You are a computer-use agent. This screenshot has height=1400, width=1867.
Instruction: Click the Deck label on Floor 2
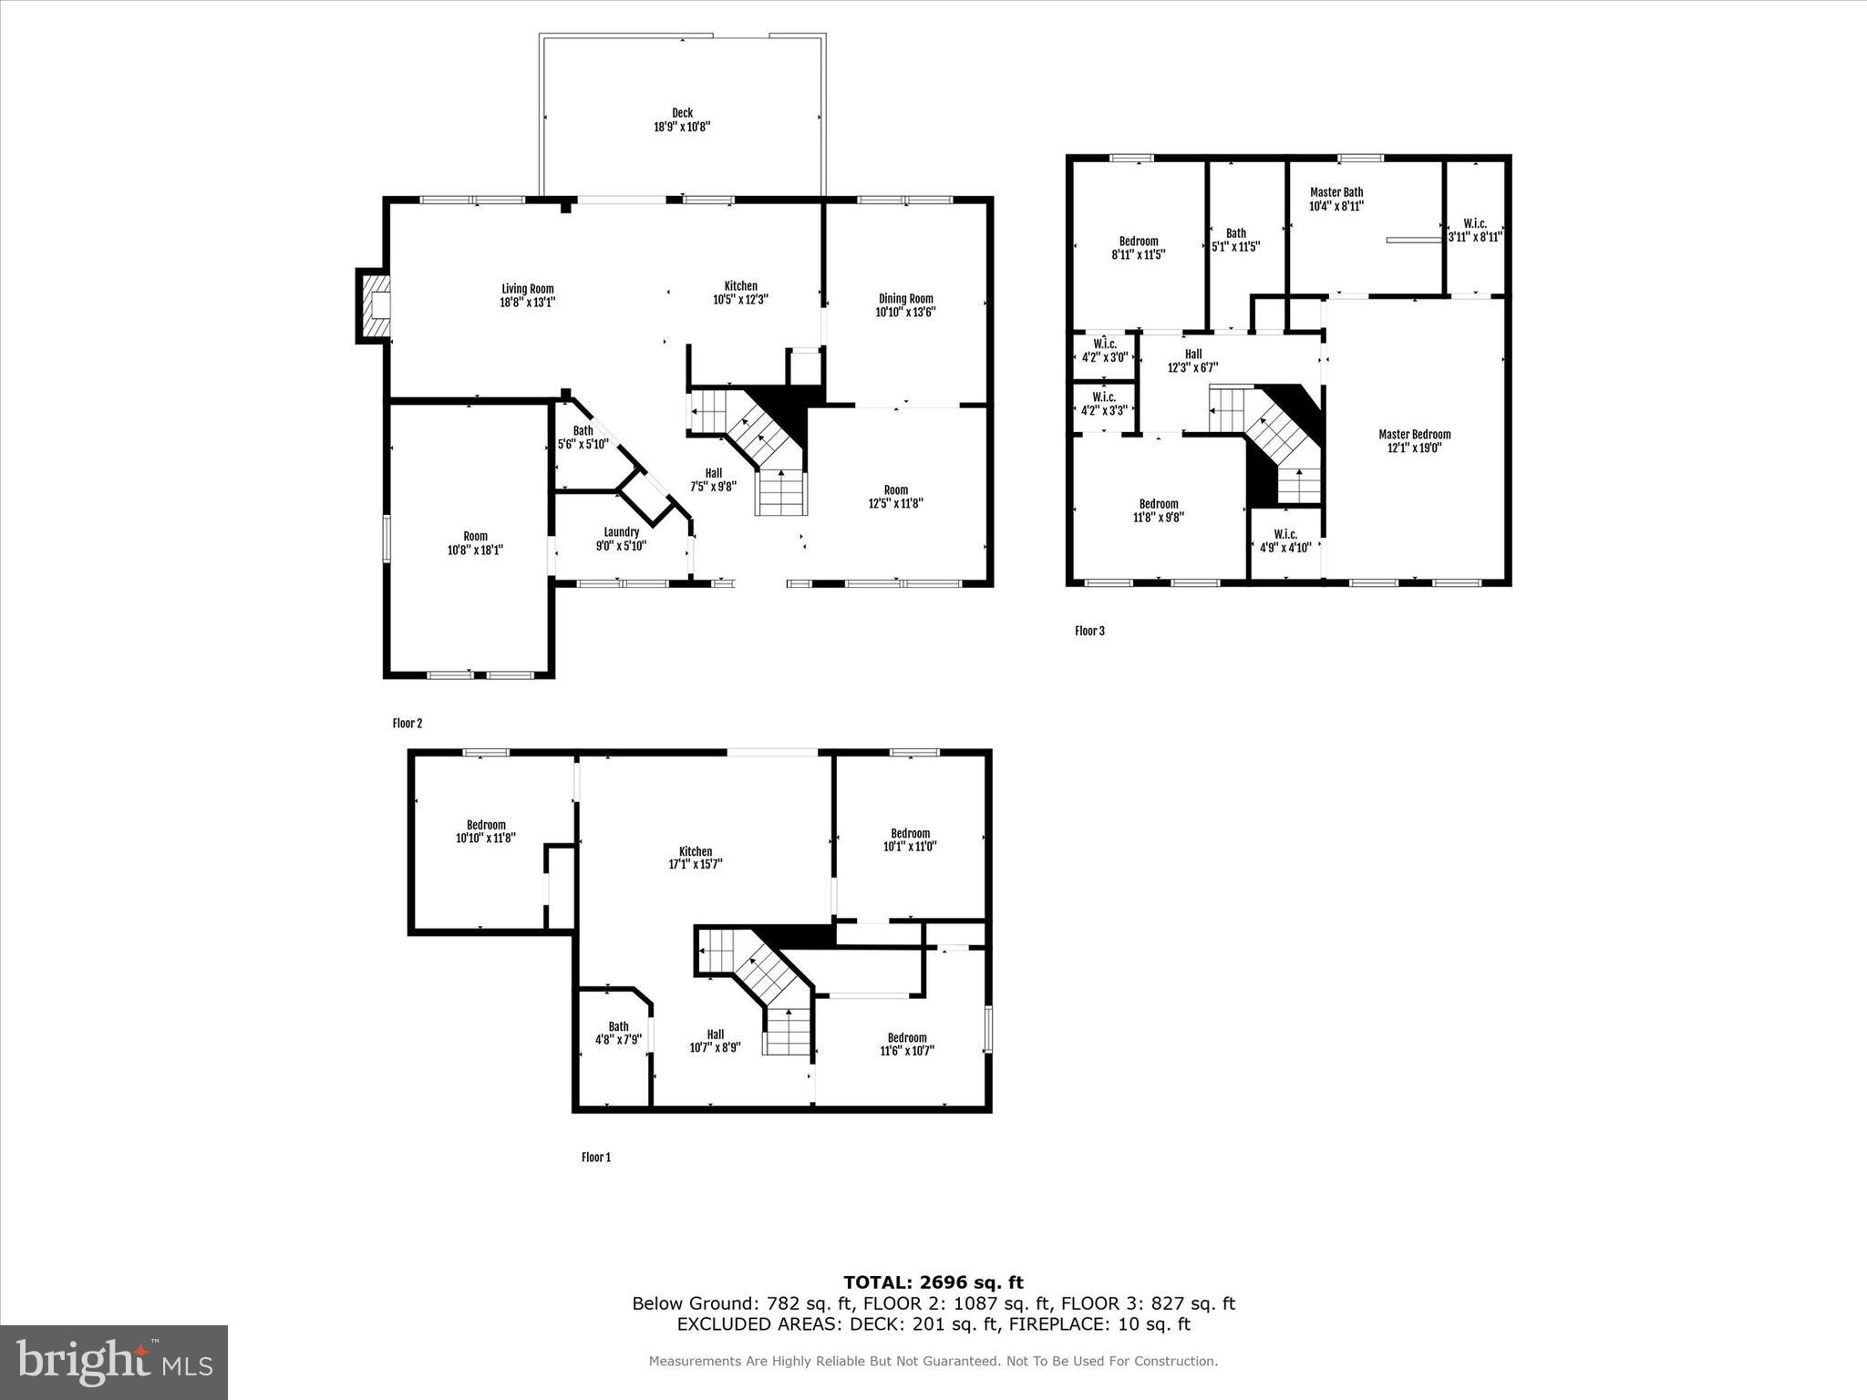[x=682, y=113]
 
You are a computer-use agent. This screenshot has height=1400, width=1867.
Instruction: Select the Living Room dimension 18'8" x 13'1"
[x=528, y=302]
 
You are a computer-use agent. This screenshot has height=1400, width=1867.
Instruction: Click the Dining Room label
[x=905, y=298]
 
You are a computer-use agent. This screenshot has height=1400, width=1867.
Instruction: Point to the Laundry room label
[x=621, y=532]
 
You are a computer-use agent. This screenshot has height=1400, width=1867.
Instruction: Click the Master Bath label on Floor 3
[x=1336, y=192]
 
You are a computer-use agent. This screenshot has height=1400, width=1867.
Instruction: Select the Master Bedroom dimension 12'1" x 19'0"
[x=1414, y=448]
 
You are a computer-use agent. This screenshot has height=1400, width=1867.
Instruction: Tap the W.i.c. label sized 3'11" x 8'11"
[x=1474, y=223]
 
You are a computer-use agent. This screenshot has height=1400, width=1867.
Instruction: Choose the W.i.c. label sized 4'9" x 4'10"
[x=1285, y=534]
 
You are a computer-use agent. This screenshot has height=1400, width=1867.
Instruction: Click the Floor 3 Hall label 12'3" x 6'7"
[x=1192, y=355]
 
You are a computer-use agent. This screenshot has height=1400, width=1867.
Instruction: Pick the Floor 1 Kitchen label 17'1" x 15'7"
[x=696, y=851]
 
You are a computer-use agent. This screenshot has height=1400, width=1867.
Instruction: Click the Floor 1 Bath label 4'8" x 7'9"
[x=618, y=1026]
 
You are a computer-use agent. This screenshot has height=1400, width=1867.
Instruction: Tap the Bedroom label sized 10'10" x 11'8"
[x=486, y=825]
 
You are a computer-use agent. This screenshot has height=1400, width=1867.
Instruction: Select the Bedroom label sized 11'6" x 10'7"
[x=907, y=1037]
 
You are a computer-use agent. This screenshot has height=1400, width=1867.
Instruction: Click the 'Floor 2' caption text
[x=407, y=724]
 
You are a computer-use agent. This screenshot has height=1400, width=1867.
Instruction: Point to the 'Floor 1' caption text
[x=596, y=1158]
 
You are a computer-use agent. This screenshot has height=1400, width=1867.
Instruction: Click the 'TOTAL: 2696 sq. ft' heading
[x=933, y=1282]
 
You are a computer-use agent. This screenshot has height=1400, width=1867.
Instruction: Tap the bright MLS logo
[x=114, y=1362]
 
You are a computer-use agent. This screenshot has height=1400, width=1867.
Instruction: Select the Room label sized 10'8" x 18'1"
[x=475, y=536]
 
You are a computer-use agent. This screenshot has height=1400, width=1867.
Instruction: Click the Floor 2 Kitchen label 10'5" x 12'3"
[x=740, y=286]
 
